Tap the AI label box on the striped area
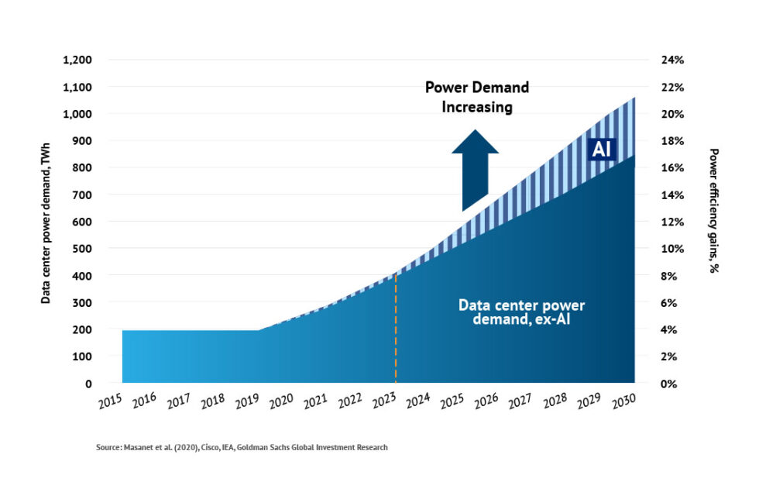(x=601, y=150)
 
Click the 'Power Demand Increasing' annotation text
(x=477, y=98)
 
